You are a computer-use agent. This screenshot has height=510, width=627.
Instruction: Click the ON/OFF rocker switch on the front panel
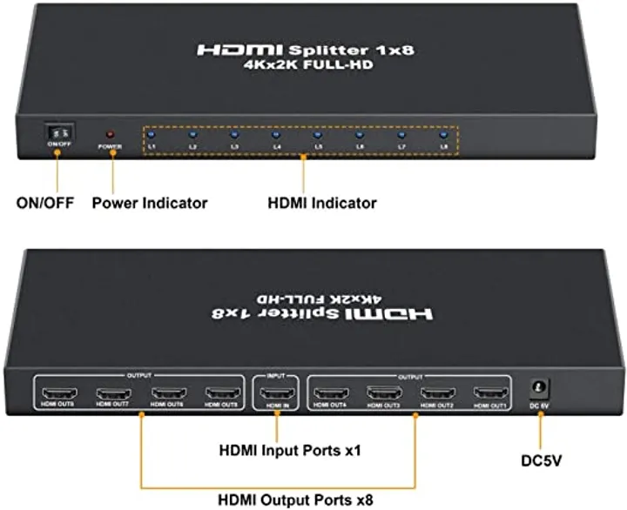tap(58, 131)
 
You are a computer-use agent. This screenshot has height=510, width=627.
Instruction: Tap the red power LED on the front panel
tap(110, 135)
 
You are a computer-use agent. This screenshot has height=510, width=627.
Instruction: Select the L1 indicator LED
tap(151, 134)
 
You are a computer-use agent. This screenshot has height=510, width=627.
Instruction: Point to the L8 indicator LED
tap(443, 134)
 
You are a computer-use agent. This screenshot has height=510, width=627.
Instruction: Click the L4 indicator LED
tap(275, 134)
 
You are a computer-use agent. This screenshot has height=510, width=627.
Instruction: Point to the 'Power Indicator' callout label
tap(150, 203)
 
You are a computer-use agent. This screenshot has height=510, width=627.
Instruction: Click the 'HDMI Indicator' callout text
tap(321, 203)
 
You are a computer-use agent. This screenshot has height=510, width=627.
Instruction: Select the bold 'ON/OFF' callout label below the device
tap(46, 203)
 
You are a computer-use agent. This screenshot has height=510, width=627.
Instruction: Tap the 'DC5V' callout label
tap(540, 453)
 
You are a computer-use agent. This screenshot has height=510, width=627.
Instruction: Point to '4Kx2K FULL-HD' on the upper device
tap(305, 66)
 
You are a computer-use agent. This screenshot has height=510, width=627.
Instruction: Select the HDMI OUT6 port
tap(167, 393)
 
